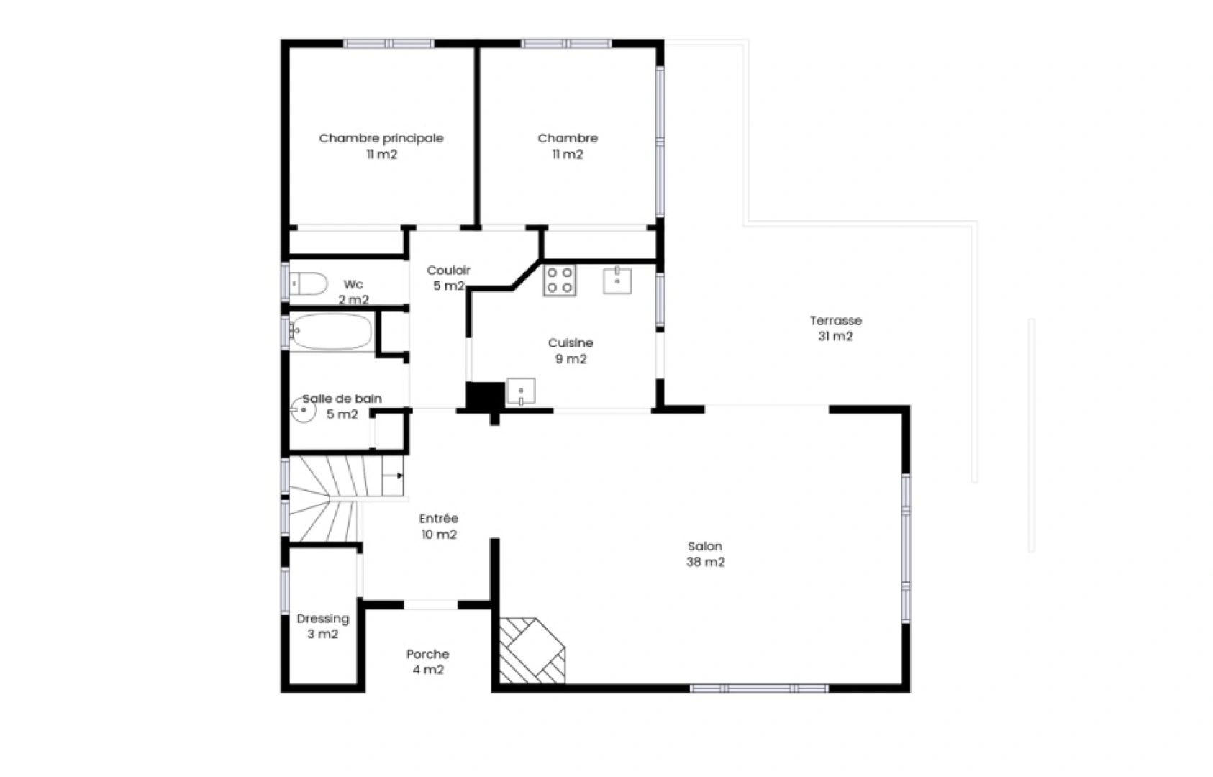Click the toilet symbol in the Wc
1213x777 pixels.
click(308, 283)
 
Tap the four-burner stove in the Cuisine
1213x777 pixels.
click(560, 280)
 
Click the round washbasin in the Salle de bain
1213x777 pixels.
click(304, 410)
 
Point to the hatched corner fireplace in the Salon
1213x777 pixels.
click(532, 650)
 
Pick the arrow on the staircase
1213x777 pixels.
click(393, 476)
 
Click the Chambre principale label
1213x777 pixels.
click(381, 138)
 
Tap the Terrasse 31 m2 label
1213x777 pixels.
click(835, 328)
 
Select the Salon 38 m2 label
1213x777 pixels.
click(705, 554)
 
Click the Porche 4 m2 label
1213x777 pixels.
click(428, 662)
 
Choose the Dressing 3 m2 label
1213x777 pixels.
click(323, 626)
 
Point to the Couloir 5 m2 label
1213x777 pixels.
click(448, 278)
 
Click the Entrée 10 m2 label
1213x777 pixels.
click(439, 527)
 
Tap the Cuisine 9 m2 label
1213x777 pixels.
click(571, 350)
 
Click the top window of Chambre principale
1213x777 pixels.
click(389, 43)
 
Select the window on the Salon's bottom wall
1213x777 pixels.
click(759, 689)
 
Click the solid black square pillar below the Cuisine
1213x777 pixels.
click(485, 396)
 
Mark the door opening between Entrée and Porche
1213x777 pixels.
click(431, 604)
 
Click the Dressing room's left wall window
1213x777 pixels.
click(285, 590)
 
